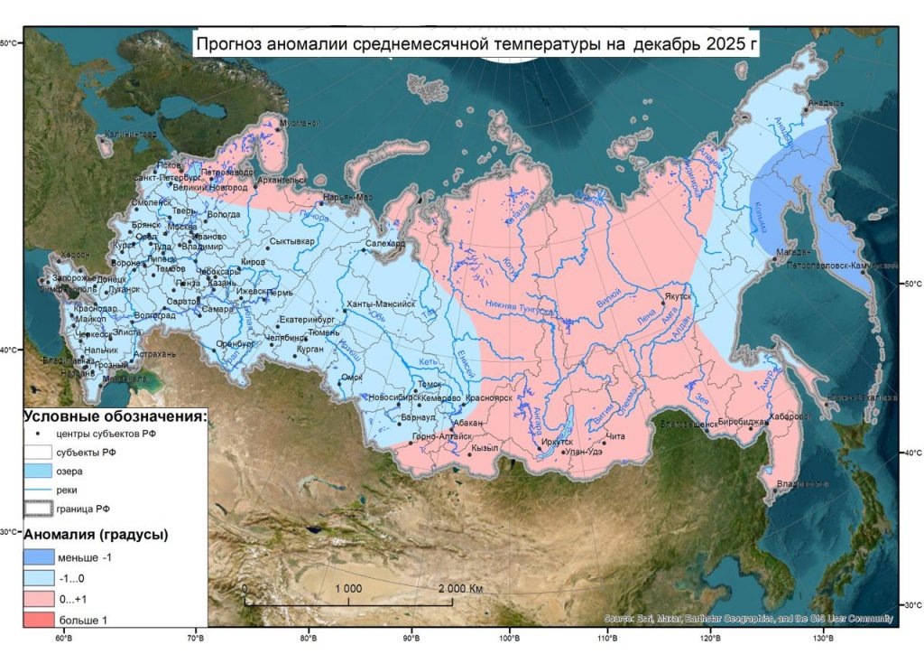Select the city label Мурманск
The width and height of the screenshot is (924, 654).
pyautogui.click(x=300, y=123)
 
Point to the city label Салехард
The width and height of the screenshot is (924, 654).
pyautogui.click(x=386, y=244)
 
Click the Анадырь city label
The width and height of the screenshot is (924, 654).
pyautogui.click(x=826, y=103)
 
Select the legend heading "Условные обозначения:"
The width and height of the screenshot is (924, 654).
pyautogui.click(x=115, y=416)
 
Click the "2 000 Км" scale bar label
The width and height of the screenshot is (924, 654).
pyautogui.click(x=461, y=588)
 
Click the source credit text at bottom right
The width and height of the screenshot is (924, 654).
pyautogui.click(x=748, y=619)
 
